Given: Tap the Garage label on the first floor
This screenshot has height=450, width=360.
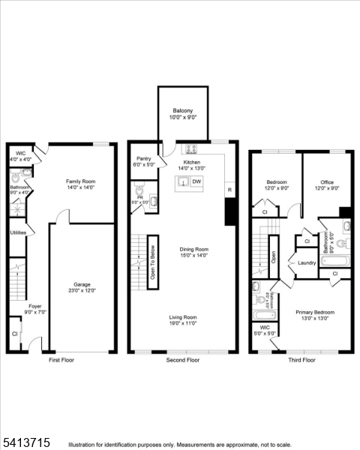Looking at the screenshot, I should pos(82,284).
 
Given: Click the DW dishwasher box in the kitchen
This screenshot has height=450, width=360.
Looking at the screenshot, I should pos(196,181).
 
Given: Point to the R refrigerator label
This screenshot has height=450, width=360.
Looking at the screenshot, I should pos(229,189).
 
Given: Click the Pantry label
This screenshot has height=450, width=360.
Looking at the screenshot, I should pos(142,159).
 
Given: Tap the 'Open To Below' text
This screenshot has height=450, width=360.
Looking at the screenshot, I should pos(153,257).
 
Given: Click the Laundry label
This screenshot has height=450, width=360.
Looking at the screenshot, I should pos(307,262).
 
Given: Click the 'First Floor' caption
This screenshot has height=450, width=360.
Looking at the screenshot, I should pos(61,360).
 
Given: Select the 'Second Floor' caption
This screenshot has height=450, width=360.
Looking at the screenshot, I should pos(183,360).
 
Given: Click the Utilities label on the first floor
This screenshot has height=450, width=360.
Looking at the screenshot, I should pos(18,233).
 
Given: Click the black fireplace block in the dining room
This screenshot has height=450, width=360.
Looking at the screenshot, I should pos(230,211).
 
